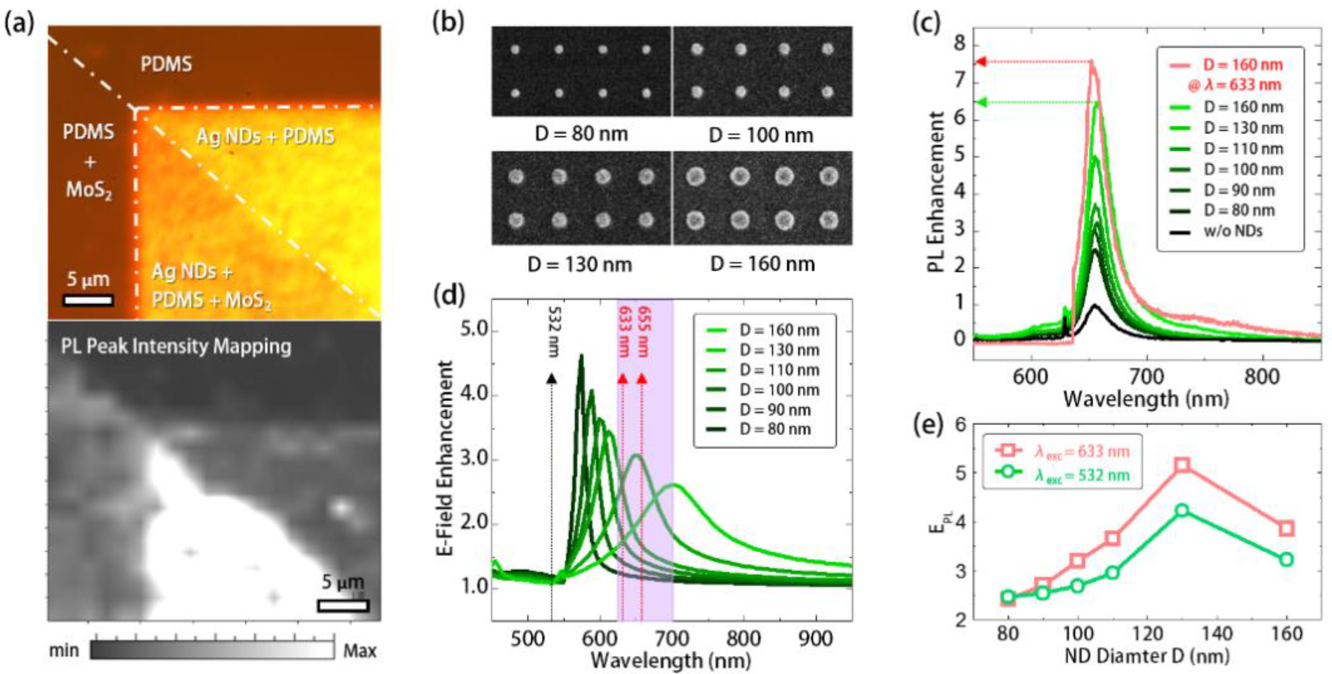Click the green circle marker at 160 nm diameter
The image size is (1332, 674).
(1286, 560)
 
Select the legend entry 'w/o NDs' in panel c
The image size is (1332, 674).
(1233, 231)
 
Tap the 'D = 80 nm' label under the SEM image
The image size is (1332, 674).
(581, 135)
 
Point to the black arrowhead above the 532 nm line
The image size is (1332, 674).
(551, 378)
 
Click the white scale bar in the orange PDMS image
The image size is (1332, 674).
(88, 301)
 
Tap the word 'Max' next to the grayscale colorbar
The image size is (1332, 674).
(359, 650)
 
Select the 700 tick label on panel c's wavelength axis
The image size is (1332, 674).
(1146, 377)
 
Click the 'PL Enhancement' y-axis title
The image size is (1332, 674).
(936, 191)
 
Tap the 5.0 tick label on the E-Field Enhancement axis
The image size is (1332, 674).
(475, 330)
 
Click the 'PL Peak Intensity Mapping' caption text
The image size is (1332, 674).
(176, 347)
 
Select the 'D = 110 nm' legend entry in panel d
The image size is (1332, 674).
(779, 370)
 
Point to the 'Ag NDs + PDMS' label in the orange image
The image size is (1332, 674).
(265, 136)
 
